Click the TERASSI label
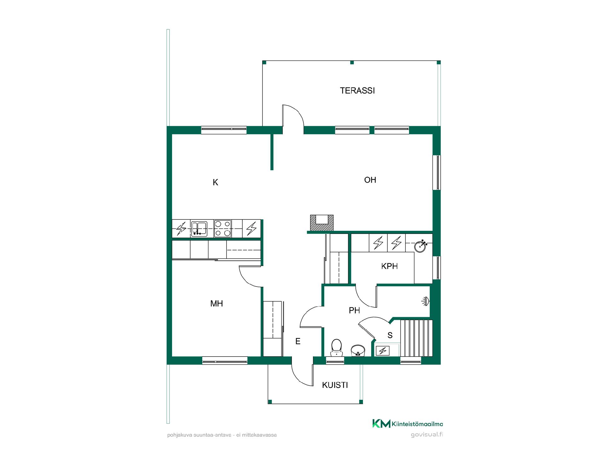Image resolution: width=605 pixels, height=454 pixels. point(357,90)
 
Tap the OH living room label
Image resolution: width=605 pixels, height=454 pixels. point(370,180)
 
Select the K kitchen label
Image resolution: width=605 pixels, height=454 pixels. point(216,182)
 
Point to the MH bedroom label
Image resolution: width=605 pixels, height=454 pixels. point(216,303)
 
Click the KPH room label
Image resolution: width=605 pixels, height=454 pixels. point(389,266)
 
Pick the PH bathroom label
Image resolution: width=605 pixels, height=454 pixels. point(354,311)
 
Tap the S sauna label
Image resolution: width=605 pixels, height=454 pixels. point(390,335)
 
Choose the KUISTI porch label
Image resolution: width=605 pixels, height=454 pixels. point(335,385)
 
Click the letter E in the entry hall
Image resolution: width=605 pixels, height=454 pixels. point(298,341)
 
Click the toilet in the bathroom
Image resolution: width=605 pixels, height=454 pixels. point(336,348)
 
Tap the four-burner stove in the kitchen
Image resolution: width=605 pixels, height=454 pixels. point(223,229)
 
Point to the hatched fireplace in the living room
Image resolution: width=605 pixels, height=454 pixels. point(322,222)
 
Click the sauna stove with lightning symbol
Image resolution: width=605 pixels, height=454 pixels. point(383,351)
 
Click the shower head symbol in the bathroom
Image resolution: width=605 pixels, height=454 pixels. point(425,302)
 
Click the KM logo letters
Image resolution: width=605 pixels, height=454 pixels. point(381,423)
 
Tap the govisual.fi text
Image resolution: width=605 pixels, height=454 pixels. point(427,435)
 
